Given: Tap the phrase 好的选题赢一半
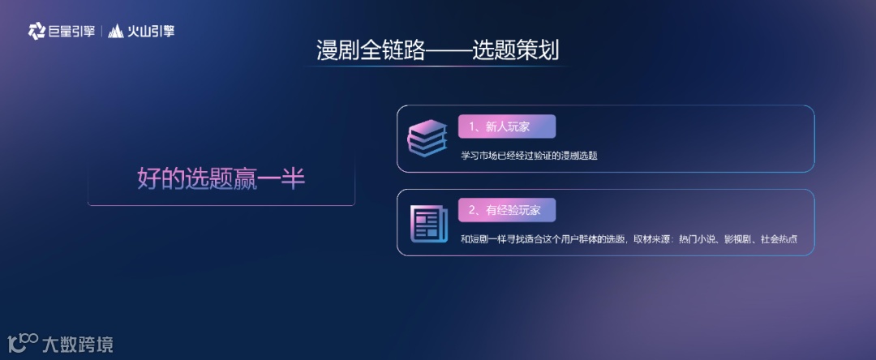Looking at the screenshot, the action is pos(221,178).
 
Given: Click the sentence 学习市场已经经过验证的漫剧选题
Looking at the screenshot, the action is pos(529,155).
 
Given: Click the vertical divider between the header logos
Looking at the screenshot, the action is pos(102,32).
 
